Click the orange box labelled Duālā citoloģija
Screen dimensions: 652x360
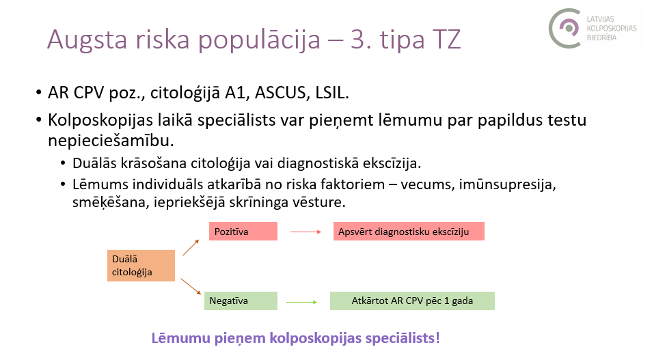pos(141,266)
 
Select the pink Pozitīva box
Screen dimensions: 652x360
pos(243,231)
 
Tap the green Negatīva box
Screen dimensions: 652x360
pos(241,301)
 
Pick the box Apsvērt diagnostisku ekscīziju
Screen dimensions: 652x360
pos(409,231)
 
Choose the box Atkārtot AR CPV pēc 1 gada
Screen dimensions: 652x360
pos(412,301)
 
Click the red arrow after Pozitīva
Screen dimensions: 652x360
pos(305,232)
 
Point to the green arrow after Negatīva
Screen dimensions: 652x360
pos(302,302)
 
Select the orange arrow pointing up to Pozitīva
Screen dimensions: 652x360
pos(191,247)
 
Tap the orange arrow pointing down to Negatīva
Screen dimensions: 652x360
pos(191,286)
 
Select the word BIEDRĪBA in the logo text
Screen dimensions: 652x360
pos(601,38)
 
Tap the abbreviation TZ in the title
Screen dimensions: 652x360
pos(446,40)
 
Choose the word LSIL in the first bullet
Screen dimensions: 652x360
pos(332,92)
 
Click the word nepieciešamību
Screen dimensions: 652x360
pos(111,141)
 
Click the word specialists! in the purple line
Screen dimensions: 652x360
pos(403,338)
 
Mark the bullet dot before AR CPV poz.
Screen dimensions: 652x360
pos(39,93)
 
